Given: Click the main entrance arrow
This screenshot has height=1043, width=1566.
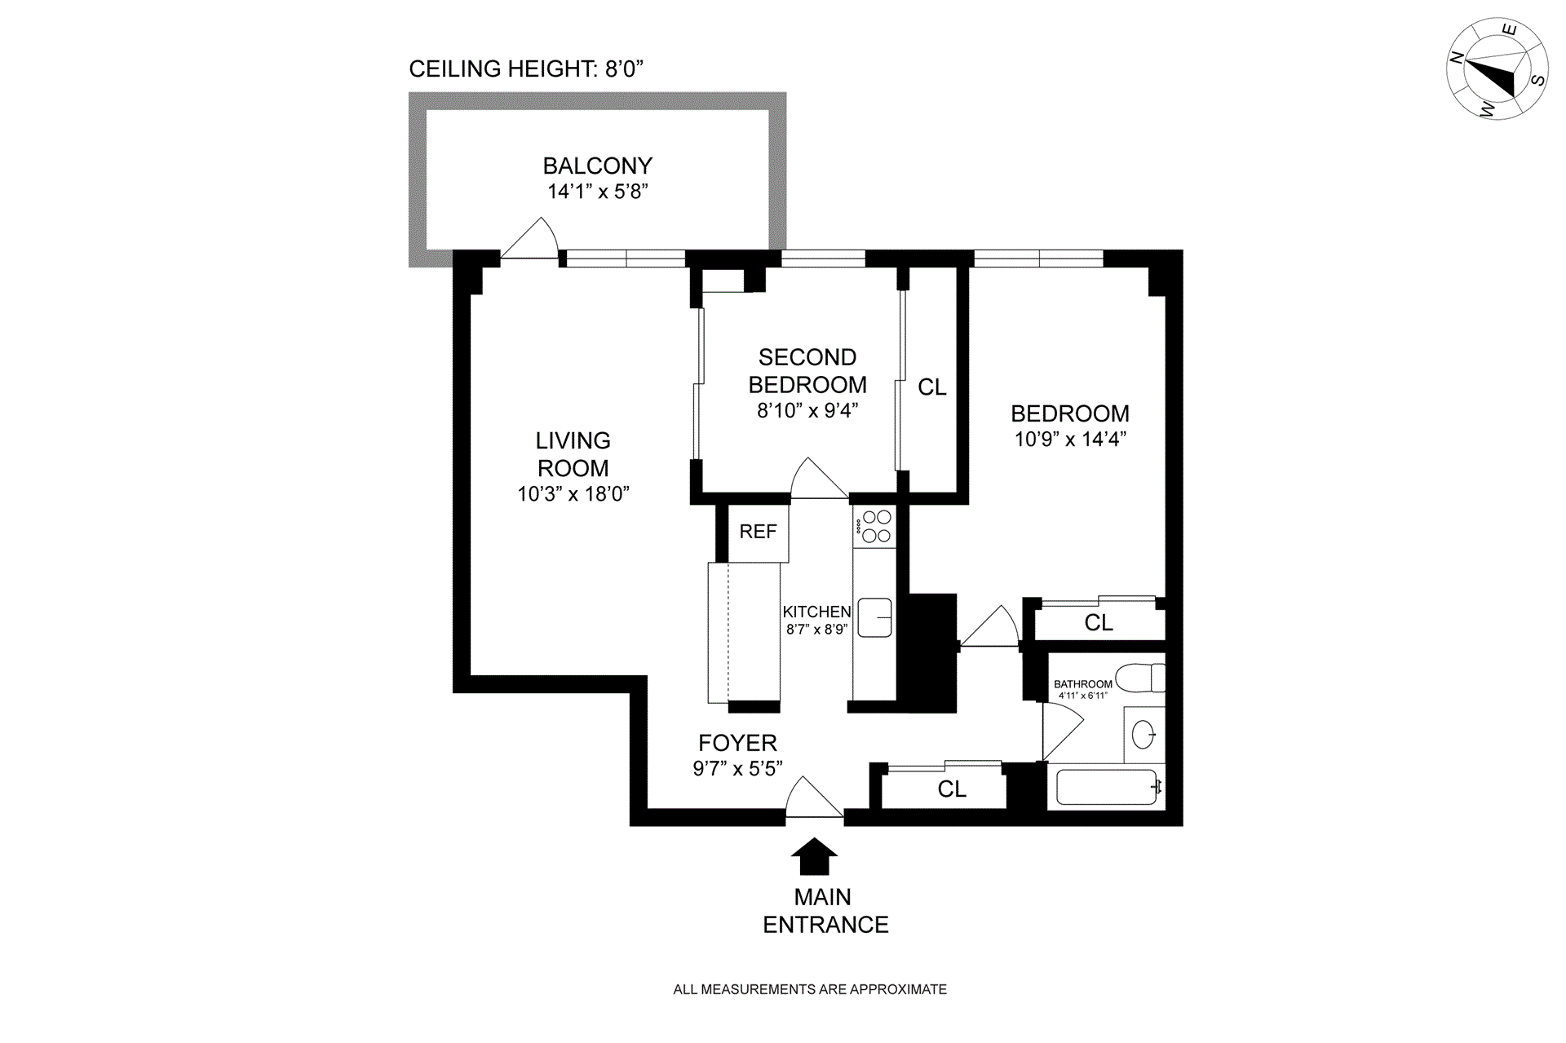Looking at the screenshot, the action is coord(814,856).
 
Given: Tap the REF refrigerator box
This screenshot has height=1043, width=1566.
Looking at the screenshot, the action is coord(758,533).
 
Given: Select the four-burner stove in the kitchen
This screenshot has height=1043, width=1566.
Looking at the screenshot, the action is coord(876,526).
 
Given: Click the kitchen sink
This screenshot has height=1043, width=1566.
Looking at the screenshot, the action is coord(875,617).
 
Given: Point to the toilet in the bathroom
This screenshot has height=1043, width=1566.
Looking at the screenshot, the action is coord(1140,678).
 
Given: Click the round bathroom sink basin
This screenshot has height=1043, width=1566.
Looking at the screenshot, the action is coord(1144,735).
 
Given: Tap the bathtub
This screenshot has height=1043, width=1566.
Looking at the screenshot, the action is coord(1106,787).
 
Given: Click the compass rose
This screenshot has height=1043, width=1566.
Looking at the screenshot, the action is coord(1497,69).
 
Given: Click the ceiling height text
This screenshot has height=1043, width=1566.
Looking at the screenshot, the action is coord(526,69).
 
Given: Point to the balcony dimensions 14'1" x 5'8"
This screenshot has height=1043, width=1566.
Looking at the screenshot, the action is coord(598,192).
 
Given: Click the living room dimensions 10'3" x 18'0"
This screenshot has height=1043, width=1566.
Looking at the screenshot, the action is coord(573,494).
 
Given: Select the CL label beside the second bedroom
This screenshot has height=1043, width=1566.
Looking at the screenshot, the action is coord(932,387).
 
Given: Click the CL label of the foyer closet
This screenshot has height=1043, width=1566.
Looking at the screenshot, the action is coord(952,789).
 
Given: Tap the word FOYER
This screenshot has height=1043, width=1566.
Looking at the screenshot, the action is coord(737,743).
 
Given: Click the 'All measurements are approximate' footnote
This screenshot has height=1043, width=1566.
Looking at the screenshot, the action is coord(810,989).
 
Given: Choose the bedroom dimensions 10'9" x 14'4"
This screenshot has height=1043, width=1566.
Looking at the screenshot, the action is coord(1070,440).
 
